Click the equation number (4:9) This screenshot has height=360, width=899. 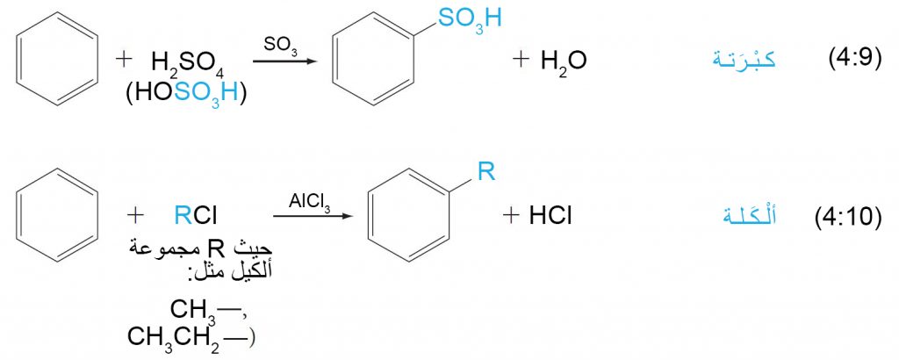click(855, 59)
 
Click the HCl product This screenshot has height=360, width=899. click(551, 216)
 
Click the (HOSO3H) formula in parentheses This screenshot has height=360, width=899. click(186, 93)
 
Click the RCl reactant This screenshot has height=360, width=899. click(196, 216)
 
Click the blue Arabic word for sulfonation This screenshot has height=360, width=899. click(744, 59)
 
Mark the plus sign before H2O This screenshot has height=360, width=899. click(520, 60)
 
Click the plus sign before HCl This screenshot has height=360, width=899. click(510, 216)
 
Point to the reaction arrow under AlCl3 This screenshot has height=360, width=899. click(312, 216)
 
